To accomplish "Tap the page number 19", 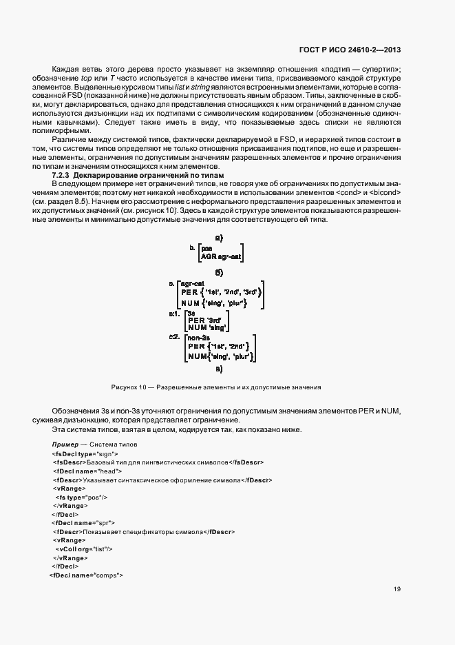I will pyautogui.click(x=397, y=588).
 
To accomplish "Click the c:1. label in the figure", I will pyautogui.click(x=175, y=314).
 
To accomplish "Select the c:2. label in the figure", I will pyautogui.click(x=174, y=337).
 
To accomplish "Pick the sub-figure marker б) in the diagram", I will pyautogui.click(x=218, y=272).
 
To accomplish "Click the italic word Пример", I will pyautogui.click(x=66, y=445).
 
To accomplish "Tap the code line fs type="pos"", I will pyautogui.click(x=81, y=497).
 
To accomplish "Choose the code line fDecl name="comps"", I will pyautogui.click(x=85, y=574).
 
